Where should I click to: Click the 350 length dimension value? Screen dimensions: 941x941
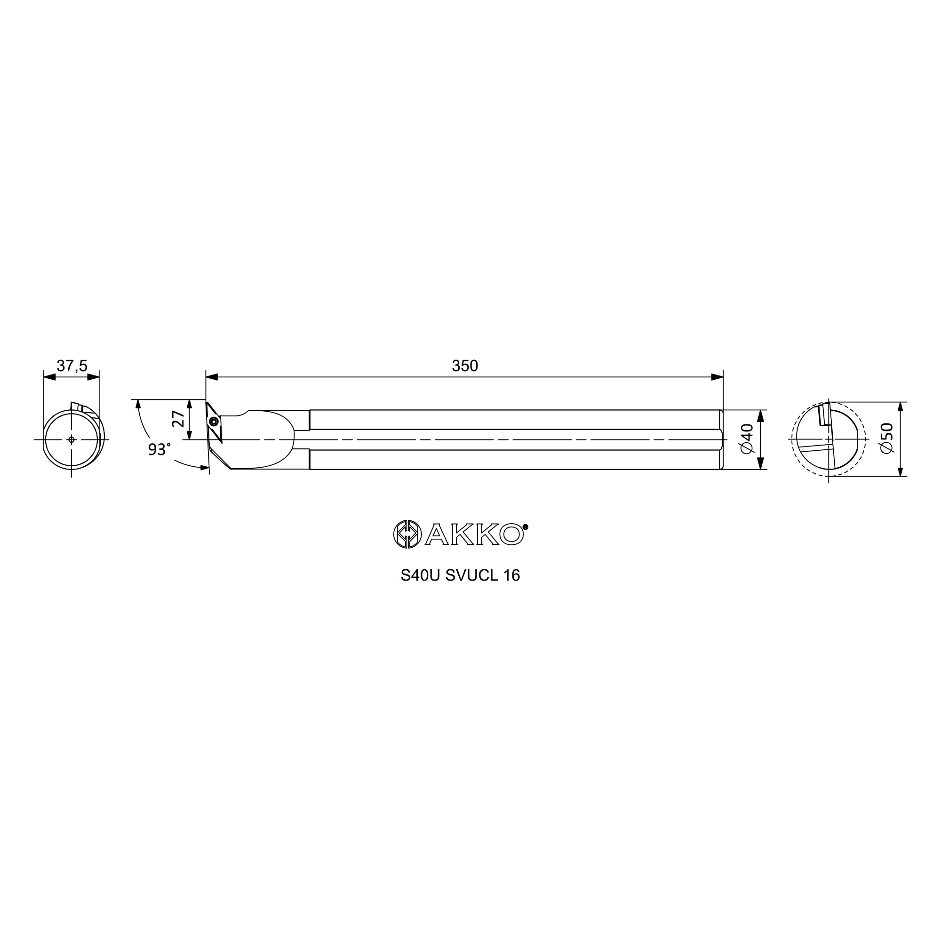(x=465, y=366)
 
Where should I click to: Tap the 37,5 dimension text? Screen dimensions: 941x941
(x=72, y=366)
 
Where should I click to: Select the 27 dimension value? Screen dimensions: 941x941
(x=179, y=419)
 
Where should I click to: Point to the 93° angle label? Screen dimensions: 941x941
(x=159, y=449)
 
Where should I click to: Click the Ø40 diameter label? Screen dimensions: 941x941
(x=747, y=439)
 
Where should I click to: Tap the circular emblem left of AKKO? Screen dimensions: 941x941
(x=407, y=534)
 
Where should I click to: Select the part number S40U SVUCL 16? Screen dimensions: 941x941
(x=460, y=575)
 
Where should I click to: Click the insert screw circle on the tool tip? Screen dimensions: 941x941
(x=212, y=422)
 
